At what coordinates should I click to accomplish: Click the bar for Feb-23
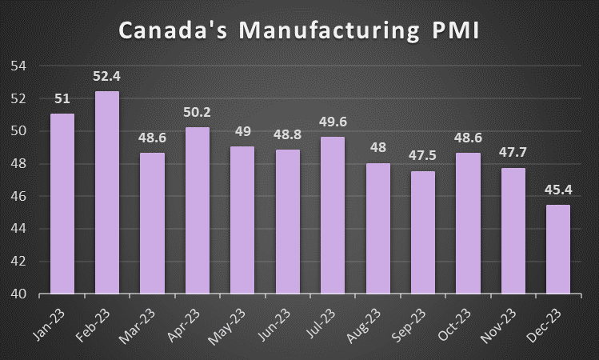(107, 192)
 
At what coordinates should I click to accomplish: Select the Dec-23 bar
(559, 249)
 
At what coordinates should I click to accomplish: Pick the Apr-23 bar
(198, 210)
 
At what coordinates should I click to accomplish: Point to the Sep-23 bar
(423, 232)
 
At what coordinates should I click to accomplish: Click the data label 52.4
(107, 78)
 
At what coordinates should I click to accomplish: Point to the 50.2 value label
(198, 114)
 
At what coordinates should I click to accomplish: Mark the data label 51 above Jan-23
(62, 100)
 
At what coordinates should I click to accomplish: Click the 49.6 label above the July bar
(333, 123)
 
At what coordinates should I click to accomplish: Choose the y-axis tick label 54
(17, 66)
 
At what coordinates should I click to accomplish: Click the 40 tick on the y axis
(17, 294)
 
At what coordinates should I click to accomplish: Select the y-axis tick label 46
(17, 196)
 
